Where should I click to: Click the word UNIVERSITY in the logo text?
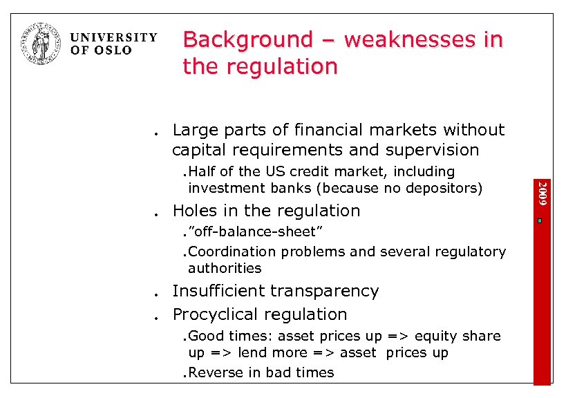pos(114,37)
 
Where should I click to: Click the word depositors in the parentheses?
pos(443,188)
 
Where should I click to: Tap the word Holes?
pos(194,211)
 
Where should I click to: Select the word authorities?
pos(225,268)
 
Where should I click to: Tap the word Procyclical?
pos(216,314)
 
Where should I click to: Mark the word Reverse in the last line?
pos(215,372)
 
